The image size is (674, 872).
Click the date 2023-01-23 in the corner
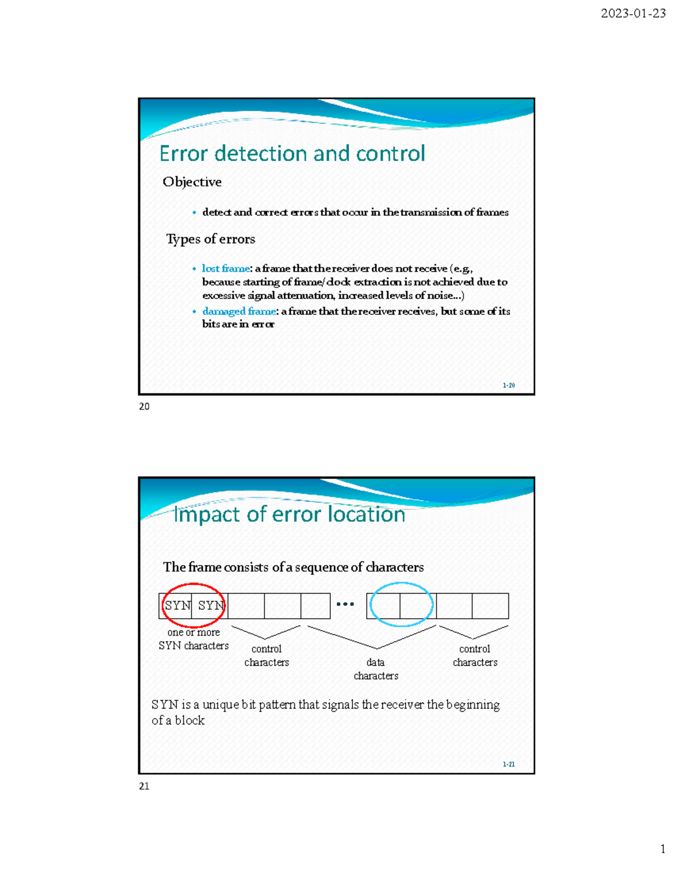click(x=633, y=13)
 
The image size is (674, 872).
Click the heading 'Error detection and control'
click(x=292, y=153)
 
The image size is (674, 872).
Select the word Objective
click(x=192, y=182)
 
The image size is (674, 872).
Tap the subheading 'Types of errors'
click(x=211, y=239)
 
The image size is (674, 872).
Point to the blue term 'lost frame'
click(x=226, y=268)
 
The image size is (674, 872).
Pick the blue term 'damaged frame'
click(x=239, y=311)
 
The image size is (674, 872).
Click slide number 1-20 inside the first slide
click(x=508, y=385)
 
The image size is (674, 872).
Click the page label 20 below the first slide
click(x=144, y=407)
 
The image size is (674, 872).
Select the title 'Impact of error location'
click(x=289, y=514)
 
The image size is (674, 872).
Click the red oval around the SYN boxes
click(x=193, y=585)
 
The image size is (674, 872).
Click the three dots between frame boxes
click(x=345, y=604)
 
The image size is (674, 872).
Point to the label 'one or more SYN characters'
click(x=194, y=639)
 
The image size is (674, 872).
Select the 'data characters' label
click(x=376, y=669)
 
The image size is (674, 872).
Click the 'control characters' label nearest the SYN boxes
click(x=266, y=656)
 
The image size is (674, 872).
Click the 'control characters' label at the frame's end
click(x=475, y=656)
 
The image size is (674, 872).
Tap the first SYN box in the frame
click(x=176, y=606)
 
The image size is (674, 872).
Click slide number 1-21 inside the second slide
click(x=508, y=764)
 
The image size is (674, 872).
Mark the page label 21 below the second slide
click(x=144, y=786)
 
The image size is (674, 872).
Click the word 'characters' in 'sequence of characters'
click(x=394, y=567)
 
